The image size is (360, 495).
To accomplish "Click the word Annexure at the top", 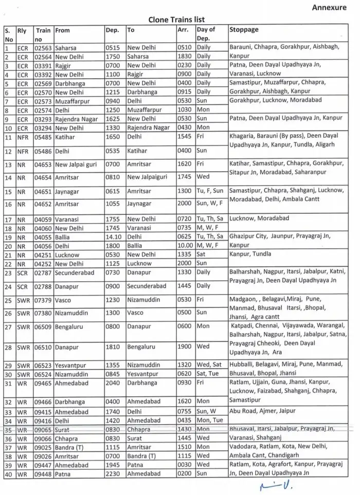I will coord(332,7).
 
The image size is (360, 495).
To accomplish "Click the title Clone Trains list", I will coord(176,20).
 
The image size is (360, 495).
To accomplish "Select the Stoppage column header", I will coord(244,30).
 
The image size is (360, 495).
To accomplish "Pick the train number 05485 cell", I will coord(43,137).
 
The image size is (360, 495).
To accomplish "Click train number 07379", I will coord(43,300).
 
